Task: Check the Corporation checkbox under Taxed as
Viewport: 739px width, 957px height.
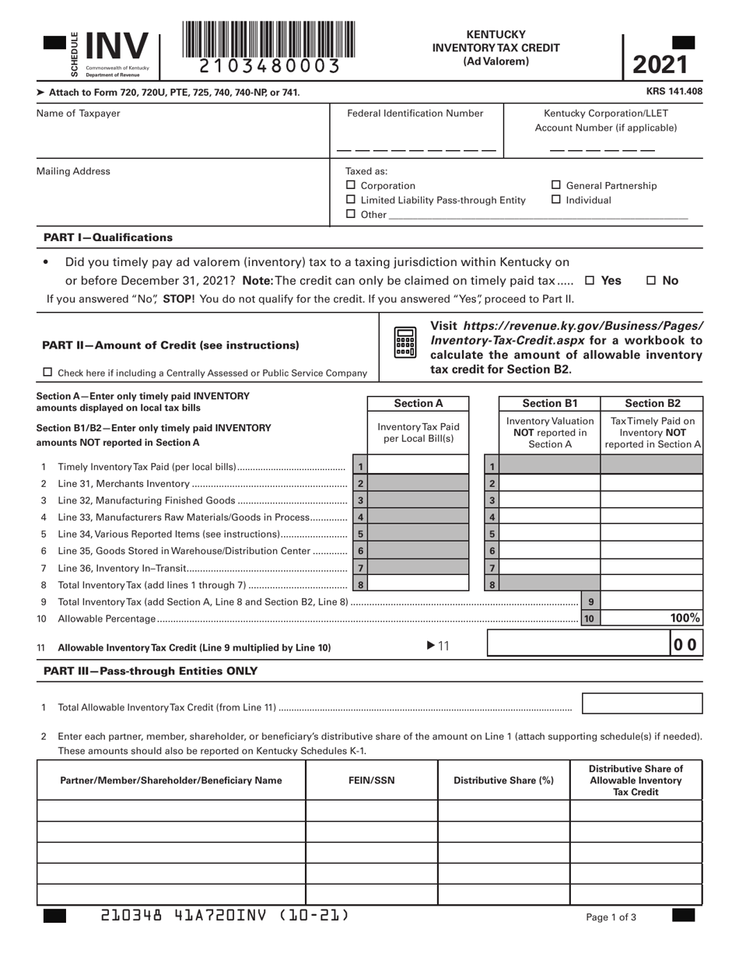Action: click(350, 185)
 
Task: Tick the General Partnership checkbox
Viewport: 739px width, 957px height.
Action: click(556, 185)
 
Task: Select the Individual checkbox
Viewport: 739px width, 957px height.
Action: click(556, 200)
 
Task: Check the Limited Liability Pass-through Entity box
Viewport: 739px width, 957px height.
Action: click(350, 200)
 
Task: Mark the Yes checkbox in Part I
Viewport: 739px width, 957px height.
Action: click(590, 281)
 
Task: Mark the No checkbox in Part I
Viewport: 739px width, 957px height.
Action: click(652, 281)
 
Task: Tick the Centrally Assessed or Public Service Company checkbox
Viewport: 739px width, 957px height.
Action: click(47, 373)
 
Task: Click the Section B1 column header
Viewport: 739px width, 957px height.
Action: click(549, 403)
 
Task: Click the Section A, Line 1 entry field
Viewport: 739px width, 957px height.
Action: click(419, 467)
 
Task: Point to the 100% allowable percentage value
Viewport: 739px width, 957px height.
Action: click(685, 619)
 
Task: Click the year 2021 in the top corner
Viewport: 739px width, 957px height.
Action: click(660, 65)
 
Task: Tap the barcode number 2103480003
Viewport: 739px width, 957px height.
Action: click(269, 67)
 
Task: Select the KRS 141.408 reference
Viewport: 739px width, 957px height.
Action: click(674, 92)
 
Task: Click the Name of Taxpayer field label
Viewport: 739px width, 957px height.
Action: click(79, 114)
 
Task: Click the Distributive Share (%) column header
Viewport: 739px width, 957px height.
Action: click(503, 780)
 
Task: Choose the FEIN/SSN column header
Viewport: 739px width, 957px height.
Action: click(371, 780)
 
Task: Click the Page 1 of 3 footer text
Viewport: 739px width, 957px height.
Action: click(611, 917)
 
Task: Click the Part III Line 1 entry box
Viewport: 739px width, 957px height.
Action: click(642, 703)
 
